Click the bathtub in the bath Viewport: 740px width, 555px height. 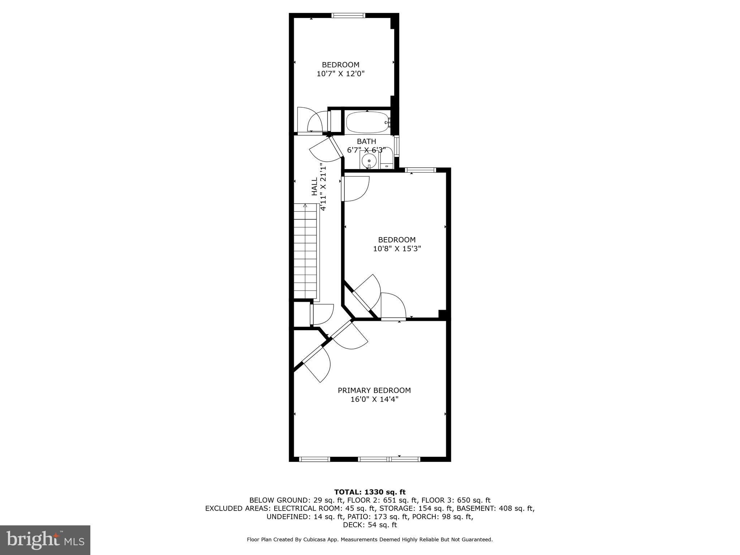367,123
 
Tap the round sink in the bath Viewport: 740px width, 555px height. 369,160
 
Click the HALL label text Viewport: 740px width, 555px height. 315,186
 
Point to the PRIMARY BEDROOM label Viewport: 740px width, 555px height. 374,390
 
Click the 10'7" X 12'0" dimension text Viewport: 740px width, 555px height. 340,74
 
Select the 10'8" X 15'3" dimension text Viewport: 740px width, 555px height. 397,249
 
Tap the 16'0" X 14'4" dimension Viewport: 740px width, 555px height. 374,399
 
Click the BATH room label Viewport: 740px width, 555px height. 366,141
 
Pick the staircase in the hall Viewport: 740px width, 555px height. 306,253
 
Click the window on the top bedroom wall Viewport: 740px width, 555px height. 348,16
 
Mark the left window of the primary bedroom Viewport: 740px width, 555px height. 315,459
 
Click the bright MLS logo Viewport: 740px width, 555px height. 45,540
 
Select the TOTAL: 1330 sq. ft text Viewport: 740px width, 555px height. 370,492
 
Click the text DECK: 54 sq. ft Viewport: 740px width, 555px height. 370,525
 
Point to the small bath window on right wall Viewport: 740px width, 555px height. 396,146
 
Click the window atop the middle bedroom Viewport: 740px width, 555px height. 420,170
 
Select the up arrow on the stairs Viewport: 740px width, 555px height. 305,206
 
